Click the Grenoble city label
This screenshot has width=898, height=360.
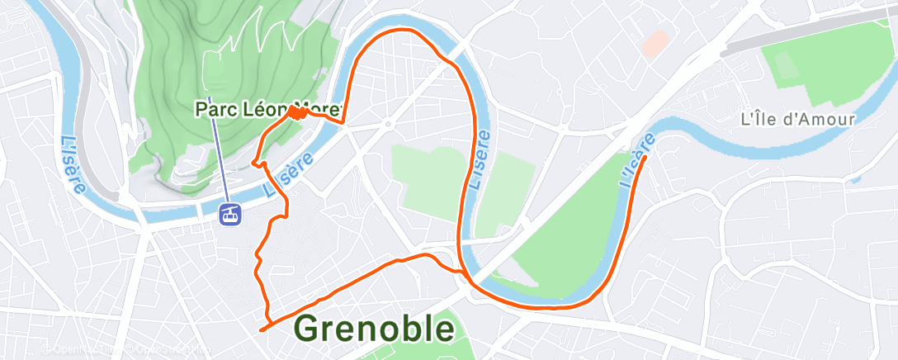[374, 329]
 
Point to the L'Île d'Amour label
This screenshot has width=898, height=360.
[798, 119]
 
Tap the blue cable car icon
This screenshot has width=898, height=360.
[230, 214]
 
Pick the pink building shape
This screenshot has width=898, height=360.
[655, 44]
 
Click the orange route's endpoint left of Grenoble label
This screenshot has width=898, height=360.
[261, 329]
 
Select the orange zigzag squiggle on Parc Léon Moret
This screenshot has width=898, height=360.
[298, 114]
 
